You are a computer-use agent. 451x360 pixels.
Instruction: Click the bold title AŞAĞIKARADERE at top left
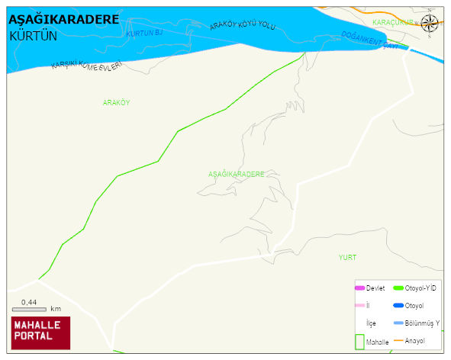pos(63,20)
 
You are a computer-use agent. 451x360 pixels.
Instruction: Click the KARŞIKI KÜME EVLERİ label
pos(86,66)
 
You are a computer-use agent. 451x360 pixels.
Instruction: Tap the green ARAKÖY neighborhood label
pos(116,102)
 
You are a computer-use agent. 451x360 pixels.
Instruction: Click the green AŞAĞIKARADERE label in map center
pos(236,174)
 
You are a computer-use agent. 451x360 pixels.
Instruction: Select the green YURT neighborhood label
pos(347,257)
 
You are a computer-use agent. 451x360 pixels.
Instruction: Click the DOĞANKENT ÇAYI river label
pos(370,40)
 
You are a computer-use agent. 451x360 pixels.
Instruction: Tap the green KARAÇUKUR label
pos(392,23)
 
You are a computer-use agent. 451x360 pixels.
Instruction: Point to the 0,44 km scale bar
pos(30,309)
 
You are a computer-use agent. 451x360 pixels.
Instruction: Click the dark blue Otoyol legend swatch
pos(398,306)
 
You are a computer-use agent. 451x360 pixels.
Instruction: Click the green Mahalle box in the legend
pos(359,342)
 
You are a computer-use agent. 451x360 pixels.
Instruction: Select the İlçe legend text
pos(371,323)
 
